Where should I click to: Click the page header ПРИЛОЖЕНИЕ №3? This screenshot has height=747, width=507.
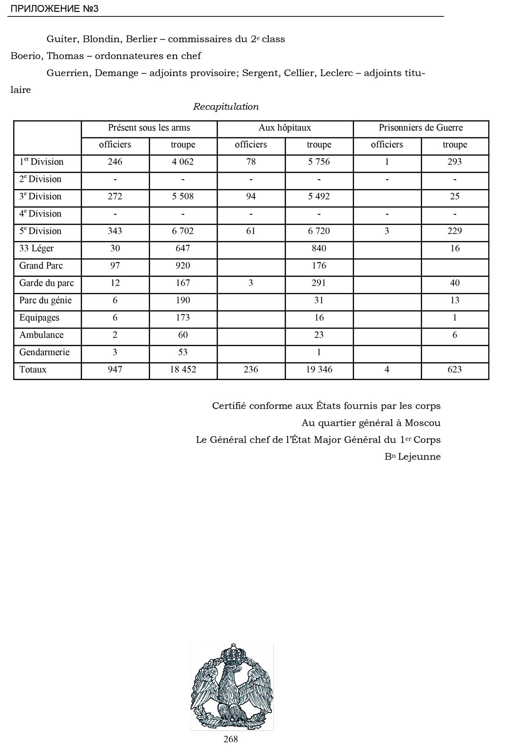pos(54,8)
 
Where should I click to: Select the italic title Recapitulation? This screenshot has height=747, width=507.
pos(226,107)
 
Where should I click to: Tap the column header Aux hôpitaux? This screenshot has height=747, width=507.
pos(285,128)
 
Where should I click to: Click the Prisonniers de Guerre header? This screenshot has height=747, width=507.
pos(421,128)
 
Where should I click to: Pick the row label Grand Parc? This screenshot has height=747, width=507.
pos(41,266)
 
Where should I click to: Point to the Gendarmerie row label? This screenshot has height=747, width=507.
pos(44,353)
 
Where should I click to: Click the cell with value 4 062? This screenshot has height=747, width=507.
pos(183,162)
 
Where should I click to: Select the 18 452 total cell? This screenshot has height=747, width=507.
pos(183,370)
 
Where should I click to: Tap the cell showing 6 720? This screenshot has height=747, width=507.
pos(319,231)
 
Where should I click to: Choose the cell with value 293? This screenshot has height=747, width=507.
pos(455,162)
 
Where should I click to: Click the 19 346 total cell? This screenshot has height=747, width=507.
pos(319,370)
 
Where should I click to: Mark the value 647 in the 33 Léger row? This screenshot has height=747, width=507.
pos(183,249)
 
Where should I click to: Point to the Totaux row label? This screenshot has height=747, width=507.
pos(33,370)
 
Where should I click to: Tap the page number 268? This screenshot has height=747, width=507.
pos(231,739)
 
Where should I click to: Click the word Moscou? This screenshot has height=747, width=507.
pos(422,423)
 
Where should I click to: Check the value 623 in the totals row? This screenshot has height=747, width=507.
pos(455,370)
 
